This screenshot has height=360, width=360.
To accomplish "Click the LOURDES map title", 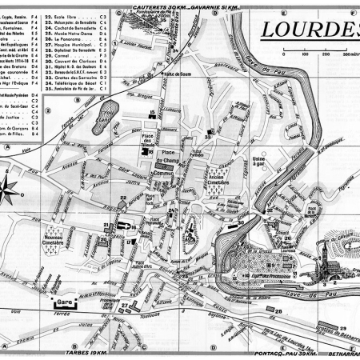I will coord(308,29).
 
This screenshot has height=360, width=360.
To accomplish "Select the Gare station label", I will coord(59,302).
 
